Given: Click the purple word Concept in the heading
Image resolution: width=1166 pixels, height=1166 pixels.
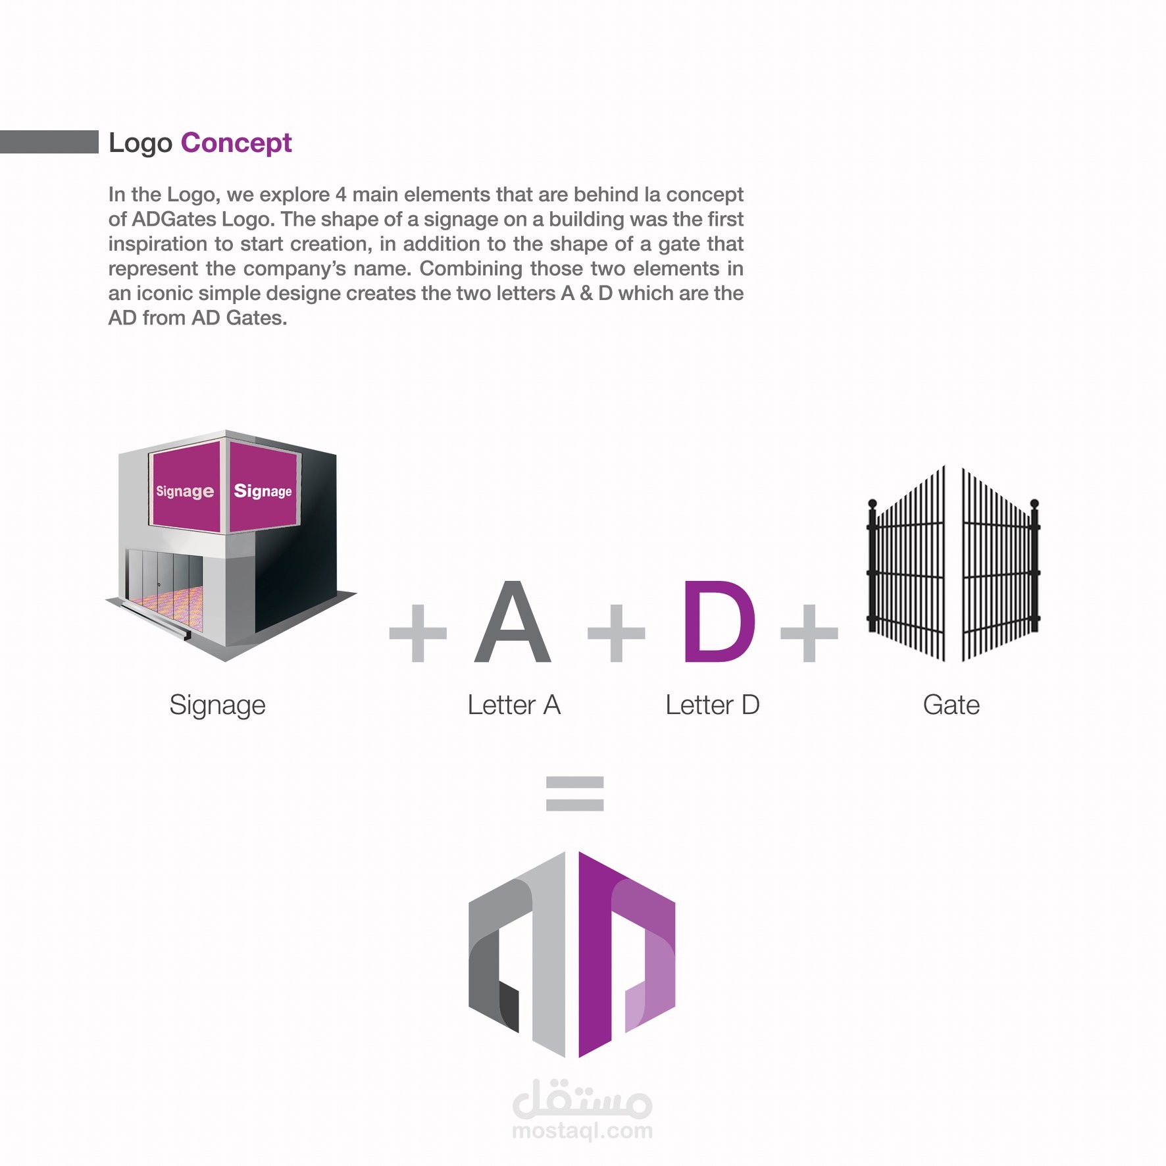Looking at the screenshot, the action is point(236,143).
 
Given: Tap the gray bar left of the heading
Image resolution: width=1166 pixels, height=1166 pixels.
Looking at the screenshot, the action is point(49,141).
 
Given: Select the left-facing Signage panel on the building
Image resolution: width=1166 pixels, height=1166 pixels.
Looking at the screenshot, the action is point(185,488).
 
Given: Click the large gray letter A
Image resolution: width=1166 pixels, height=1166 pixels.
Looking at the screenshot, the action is point(513,621).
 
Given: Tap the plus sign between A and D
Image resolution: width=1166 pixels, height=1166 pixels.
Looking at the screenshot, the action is point(617,633).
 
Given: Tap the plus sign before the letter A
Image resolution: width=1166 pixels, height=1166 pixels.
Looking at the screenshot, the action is point(418,633).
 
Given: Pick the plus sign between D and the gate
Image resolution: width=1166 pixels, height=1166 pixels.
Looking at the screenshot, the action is point(809,633).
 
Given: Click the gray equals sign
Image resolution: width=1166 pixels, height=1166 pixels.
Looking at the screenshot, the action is point(575,794).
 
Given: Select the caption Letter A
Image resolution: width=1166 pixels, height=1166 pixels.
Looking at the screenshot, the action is point(514,705).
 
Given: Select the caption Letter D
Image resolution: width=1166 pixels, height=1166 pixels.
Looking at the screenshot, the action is point(713,705).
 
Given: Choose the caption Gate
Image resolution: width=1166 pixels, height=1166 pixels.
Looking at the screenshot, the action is point(951,705).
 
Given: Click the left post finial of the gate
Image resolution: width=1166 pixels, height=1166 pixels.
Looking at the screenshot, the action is point(873,505).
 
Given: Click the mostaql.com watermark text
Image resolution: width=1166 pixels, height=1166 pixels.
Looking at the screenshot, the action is point(582,1131).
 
